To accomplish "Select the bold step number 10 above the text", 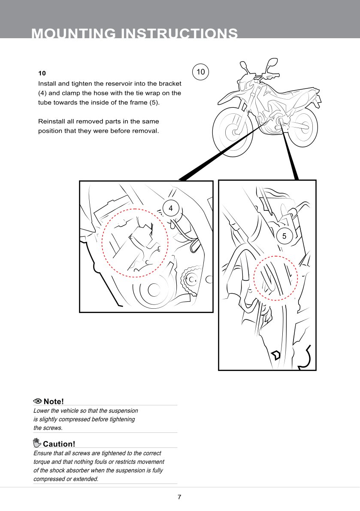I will click(x=42, y=73).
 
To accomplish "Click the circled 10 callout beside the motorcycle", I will click(x=200, y=72).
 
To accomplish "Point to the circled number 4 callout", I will click(x=171, y=208).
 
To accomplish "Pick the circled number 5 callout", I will click(x=284, y=236).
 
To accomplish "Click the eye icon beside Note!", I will click(x=38, y=401).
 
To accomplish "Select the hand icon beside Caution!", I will click(x=37, y=443).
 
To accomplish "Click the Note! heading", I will click(x=54, y=401).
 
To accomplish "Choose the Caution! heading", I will click(x=59, y=444).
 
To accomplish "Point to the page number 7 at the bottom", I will click(x=179, y=497).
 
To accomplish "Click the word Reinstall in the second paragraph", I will click(x=53, y=122).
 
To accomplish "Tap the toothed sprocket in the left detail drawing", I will click(x=190, y=280).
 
